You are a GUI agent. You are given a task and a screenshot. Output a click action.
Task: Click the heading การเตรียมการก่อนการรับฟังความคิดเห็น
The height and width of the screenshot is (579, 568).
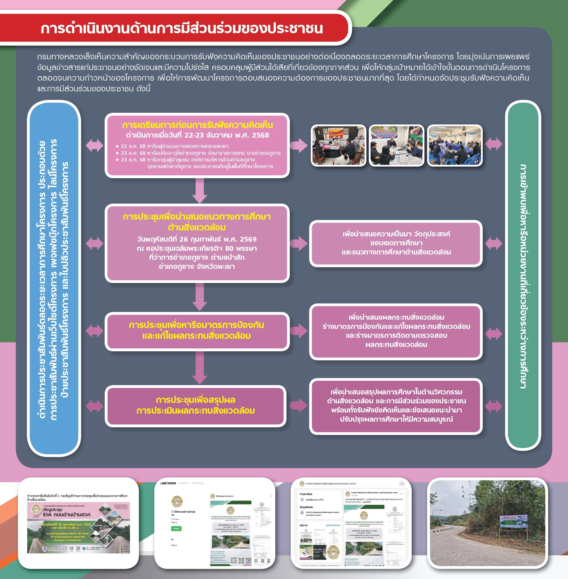(198, 125)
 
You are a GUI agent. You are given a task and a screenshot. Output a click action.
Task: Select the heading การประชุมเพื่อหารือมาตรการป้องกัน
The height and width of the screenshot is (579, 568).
(197, 325)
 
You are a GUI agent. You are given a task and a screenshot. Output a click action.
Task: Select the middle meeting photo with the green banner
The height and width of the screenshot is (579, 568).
(397, 145)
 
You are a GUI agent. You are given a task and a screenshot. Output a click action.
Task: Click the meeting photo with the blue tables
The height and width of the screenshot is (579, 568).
(455, 145)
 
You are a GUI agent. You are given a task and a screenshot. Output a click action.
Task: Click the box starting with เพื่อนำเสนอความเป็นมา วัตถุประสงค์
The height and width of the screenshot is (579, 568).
(396, 243)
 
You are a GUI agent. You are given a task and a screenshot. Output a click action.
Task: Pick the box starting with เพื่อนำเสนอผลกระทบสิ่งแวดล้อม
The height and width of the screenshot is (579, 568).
(396, 331)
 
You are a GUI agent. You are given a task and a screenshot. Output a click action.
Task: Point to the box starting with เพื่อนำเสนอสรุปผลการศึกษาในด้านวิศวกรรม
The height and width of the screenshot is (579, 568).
(396, 406)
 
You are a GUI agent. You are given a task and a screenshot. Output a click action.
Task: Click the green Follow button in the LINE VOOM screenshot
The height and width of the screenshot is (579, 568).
(176, 529)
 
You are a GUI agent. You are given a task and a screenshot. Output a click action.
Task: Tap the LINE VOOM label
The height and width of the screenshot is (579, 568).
(168, 483)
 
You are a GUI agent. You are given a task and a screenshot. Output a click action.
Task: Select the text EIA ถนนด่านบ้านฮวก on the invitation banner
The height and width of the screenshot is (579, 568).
(67, 515)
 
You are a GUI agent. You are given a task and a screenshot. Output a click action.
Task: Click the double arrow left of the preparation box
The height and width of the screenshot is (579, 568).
(94, 146)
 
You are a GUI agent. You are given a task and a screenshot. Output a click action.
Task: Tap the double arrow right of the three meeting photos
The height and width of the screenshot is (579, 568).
(493, 144)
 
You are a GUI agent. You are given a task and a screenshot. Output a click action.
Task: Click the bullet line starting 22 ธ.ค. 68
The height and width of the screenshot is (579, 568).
(174, 146)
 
